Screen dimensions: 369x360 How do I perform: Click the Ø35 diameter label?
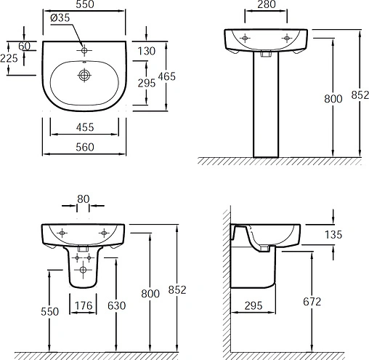[x=60, y=17]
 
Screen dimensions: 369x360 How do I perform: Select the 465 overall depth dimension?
[x=166, y=76]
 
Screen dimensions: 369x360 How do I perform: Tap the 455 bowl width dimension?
[x=85, y=127]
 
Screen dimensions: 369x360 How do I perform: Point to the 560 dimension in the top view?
[x=85, y=147]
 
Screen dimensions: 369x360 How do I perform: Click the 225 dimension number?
[x=9, y=58]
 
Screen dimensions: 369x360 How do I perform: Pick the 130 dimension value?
[x=147, y=51]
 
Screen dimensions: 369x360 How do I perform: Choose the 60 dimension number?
[x=25, y=46]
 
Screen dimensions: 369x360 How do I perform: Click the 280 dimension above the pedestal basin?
[x=267, y=4]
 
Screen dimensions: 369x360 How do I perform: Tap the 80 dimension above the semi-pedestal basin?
[x=84, y=199]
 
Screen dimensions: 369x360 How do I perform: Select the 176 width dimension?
[x=84, y=305]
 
